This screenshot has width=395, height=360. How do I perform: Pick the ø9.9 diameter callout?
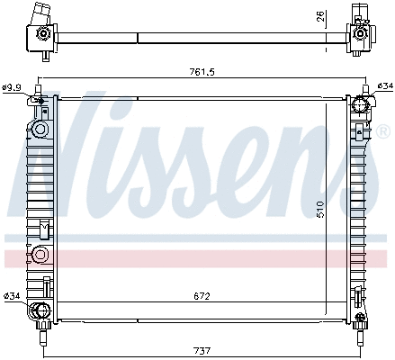pyautogui.click(x=12, y=86)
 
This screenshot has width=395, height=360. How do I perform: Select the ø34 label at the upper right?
pyautogui.click(x=384, y=85)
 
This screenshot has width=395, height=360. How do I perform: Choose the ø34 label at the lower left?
pyautogui.click(x=12, y=295)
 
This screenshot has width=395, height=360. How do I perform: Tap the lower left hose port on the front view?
pyautogui.click(x=40, y=312)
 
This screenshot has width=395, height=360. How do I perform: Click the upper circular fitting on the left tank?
pyautogui.click(x=40, y=130)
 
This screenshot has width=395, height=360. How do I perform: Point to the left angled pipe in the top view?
pyautogui.click(x=40, y=18)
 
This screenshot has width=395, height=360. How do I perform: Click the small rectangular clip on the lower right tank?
pyautogui.click(x=359, y=292)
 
